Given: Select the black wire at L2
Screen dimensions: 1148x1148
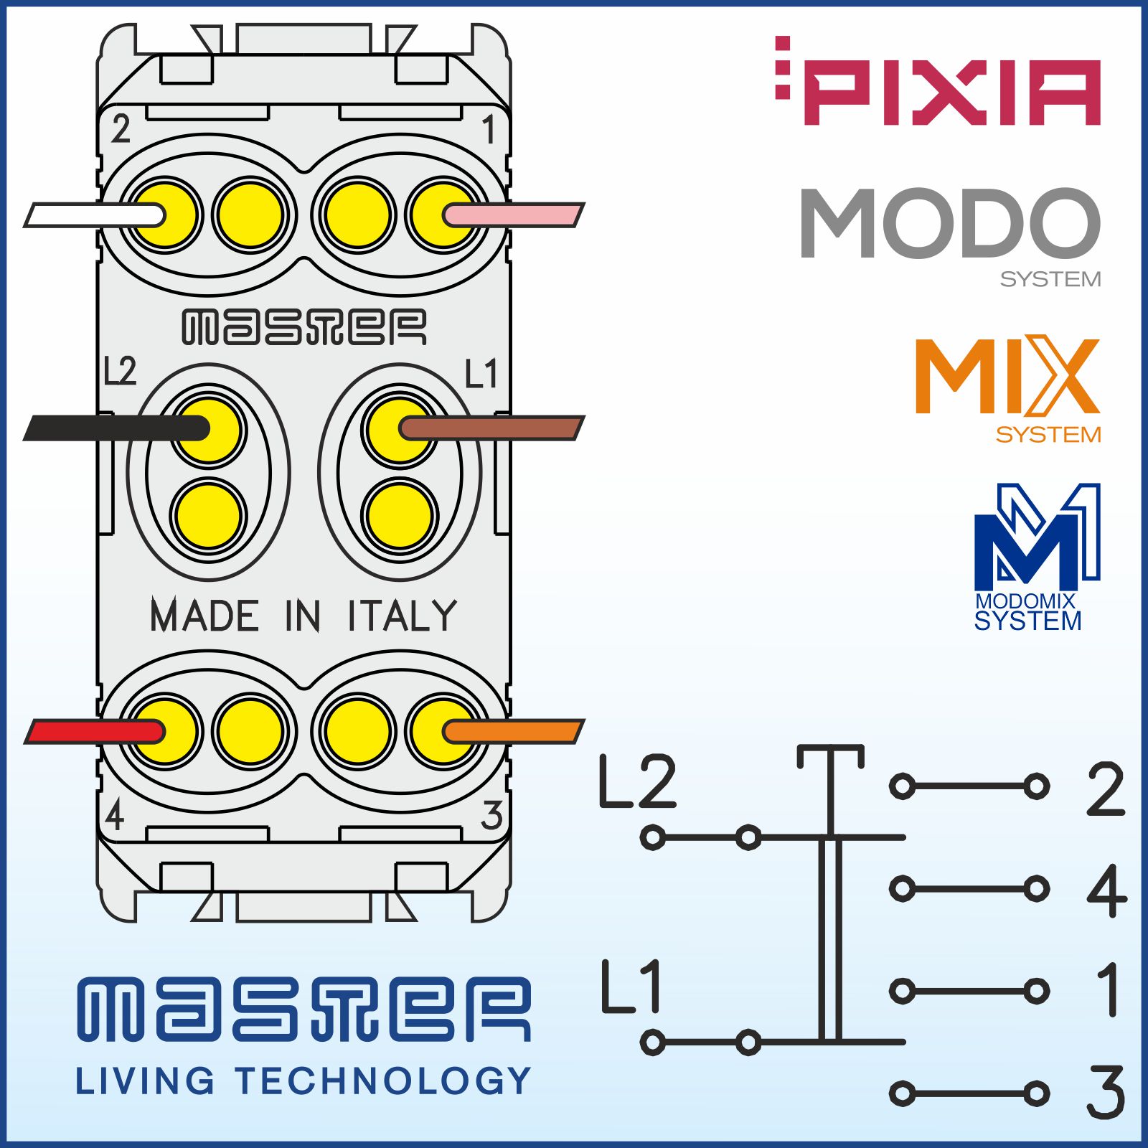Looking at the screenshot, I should click(x=108, y=428).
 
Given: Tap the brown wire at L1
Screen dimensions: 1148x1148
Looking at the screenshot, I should click(x=495, y=428).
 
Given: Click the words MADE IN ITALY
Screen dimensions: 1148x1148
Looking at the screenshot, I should click(x=304, y=616).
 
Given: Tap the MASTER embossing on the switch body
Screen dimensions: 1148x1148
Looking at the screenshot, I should click(x=304, y=327).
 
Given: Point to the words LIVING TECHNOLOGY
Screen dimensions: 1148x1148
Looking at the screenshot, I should click(x=304, y=1081).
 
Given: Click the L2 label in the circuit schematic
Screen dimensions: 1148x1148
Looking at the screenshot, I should click(x=637, y=781).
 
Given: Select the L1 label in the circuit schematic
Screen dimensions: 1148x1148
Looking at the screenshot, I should click(x=631, y=987).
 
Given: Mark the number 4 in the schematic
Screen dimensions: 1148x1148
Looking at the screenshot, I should click(x=1106, y=890).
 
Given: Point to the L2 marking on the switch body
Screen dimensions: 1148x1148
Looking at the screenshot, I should click(x=120, y=371).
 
